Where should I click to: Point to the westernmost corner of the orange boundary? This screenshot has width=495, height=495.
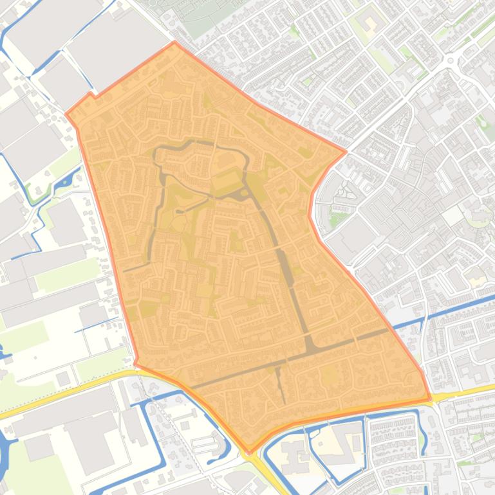[x=66, y=114]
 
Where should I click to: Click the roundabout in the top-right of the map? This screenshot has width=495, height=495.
[x=452, y=62]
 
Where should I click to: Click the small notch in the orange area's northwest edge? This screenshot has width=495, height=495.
[x=91, y=95]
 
